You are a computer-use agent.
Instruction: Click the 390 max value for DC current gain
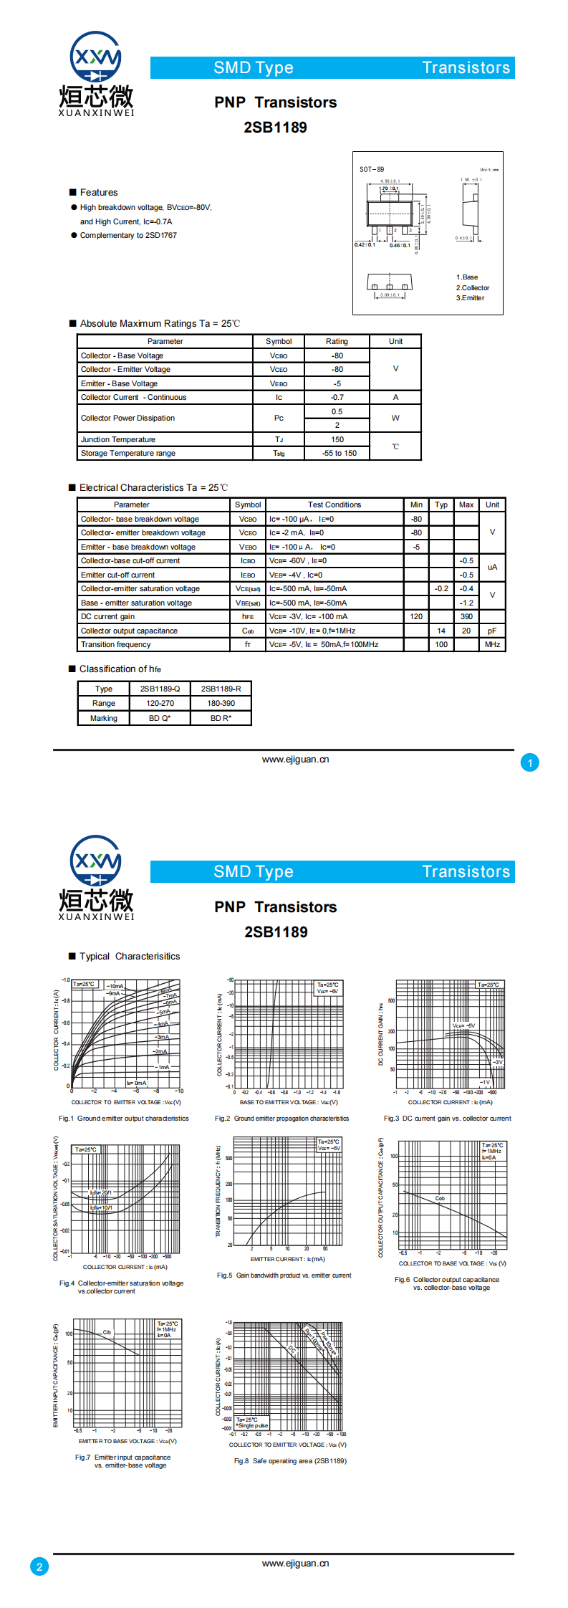[466, 616]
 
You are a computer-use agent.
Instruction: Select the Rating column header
[337, 341]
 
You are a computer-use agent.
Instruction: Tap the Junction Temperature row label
[118, 439]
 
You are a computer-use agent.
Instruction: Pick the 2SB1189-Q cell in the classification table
[160, 689]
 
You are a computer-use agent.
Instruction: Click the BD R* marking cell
[221, 718]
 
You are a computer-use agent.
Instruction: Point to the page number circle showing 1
[530, 762]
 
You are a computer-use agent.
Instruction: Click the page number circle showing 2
[39, 1566]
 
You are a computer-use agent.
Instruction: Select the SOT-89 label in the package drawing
[372, 170]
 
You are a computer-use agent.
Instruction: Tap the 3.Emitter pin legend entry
[470, 298]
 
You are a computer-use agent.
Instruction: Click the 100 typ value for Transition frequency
[441, 644]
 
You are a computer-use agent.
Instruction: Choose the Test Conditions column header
[334, 504]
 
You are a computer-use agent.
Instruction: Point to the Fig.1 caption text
[124, 1119]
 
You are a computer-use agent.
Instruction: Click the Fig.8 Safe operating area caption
[290, 1461]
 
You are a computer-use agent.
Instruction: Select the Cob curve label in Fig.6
[440, 1198]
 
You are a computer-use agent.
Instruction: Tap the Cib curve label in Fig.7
[107, 1333]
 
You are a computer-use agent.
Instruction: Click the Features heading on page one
[99, 193]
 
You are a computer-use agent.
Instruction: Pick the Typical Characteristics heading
[130, 957]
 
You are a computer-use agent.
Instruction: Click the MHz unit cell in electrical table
[492, 644]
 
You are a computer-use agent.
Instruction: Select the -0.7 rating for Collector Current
[337, 397]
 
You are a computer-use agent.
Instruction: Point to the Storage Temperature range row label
[128, 453]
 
